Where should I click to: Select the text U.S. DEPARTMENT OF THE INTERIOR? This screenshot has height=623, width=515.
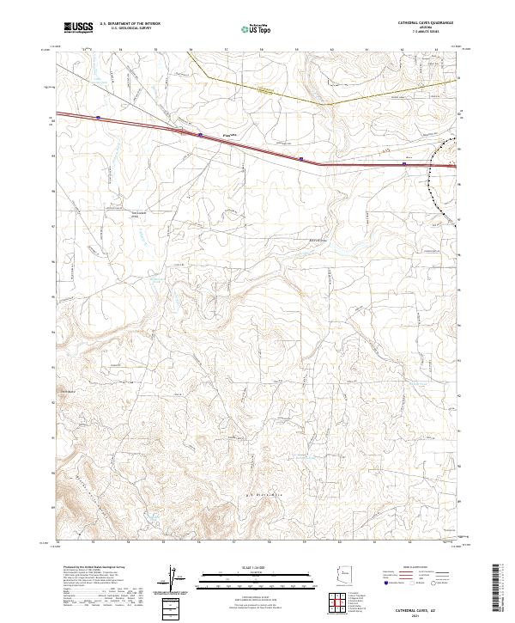pos(130,24)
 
